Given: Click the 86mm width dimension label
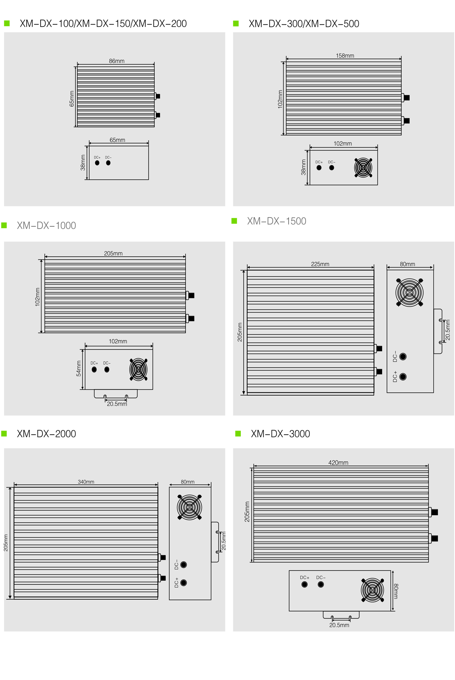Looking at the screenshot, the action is (x=117, y=61).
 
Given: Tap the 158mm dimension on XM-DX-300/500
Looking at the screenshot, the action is (x=345, y=56).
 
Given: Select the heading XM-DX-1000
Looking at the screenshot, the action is (x=46, y=226).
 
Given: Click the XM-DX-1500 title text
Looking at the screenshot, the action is (x=276, y=221).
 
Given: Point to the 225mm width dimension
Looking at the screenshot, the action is (x=320, y=264).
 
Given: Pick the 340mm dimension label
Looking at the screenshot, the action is (x=86, y=482).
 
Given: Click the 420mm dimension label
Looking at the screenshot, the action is (x=338, y=462).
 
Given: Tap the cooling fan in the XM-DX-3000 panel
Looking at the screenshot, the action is (x=372, y=590).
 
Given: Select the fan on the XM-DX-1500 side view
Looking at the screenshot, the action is (x=409, y=292).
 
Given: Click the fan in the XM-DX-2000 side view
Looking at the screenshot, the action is (x=190, y=507).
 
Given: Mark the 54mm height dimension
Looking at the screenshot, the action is (x=78, y=368).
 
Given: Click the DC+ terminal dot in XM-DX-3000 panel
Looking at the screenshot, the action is (x=304, y=584).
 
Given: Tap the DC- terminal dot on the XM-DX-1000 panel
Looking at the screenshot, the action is (x=107, y=370).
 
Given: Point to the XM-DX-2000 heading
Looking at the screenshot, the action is (x=46, y=434).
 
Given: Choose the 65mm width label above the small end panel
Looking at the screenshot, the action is (x=118, y=140).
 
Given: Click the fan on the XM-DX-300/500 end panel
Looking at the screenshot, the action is (x=363, y=168).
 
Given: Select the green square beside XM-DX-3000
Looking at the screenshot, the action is (x=238, y=434).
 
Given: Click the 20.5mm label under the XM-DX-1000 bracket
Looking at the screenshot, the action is (x=117, y=404).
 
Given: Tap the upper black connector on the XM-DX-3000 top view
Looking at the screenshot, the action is (x=435, y=512).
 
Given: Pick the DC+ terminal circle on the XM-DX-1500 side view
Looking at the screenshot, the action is (x=403, y=376).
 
